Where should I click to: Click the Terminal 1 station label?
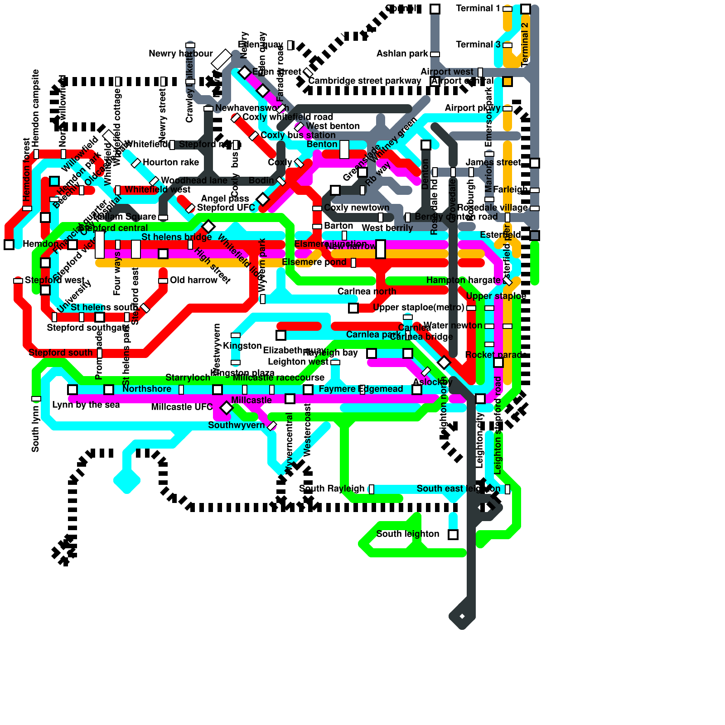(x=478, y=9)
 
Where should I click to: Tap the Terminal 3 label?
(x=478, y=45)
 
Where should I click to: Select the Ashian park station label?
(x=402, y=54)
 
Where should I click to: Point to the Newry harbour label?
(x=180, y=54)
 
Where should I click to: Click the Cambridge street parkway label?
(x=365, y=81)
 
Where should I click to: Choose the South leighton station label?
(x=407, y=534)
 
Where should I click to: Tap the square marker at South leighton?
(x=453, y=534)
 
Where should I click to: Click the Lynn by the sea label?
(x=86, y=405)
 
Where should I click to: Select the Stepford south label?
(x=60, y=353)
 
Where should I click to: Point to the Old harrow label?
(x=193, y=280)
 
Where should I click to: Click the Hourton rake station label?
(x=170, y=163)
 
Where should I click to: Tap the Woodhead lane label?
(x=194, y=181)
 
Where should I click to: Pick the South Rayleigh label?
(x=332, y=489)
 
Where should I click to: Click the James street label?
(x=493, y=163)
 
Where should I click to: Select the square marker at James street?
(x=535, y=163)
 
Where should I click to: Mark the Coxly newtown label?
(x=357, y=208)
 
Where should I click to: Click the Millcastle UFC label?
(x=181, y=407)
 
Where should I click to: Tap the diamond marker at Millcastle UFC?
(x=226, y=407)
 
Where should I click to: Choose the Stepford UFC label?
(x=226, y=208)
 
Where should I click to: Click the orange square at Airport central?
(x=507, y=82)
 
